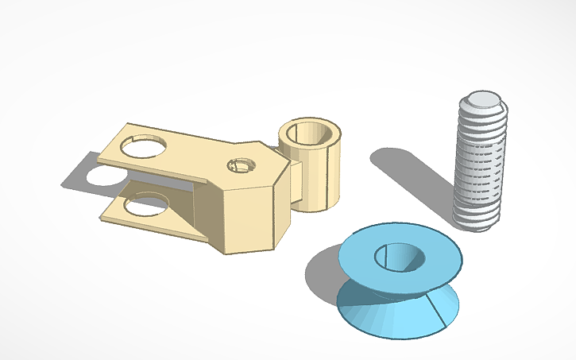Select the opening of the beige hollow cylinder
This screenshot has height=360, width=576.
coord(311,132)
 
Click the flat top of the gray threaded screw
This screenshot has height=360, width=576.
coord(481,101)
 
